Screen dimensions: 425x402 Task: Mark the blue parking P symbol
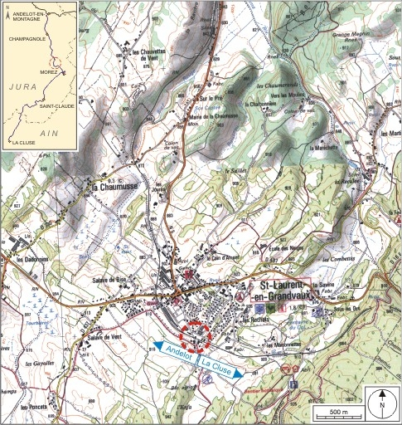click(x=293, y=385)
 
